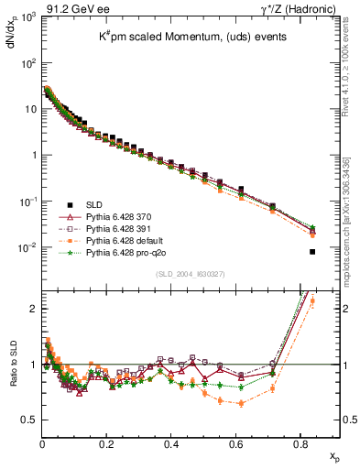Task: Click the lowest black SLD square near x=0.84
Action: tap(313, 252)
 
